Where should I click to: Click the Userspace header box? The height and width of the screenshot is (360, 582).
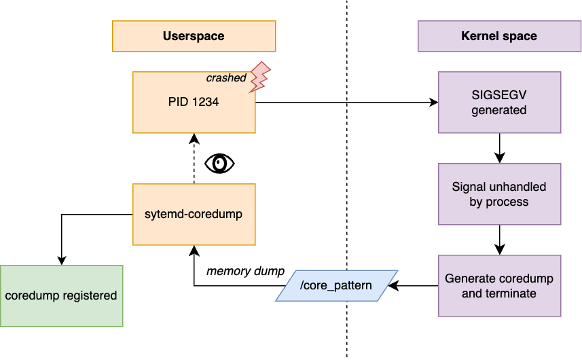[194, 36]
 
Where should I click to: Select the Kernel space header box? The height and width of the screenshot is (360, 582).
[499, 36]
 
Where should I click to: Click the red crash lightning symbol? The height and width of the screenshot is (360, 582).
[260, 77]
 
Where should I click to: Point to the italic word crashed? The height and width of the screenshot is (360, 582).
[226, 78]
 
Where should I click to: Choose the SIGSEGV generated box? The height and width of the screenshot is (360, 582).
[499, 103]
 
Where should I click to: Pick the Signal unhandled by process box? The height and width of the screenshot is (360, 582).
[499, 194]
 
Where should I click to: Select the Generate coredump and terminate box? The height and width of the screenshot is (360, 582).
[499, 285]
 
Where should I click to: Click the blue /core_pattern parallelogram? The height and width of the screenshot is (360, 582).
[337, 285]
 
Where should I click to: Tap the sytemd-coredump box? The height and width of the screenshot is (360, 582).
[194, 214]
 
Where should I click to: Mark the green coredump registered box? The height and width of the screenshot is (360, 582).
[61, 295]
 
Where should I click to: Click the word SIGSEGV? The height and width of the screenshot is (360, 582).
[499, 96]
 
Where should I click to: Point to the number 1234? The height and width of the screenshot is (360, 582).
[206, 103]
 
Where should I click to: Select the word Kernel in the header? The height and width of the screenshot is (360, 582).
[480, 36]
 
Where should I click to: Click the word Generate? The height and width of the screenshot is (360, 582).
[469, 278]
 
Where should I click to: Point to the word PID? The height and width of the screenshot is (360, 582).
[178, 103]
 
